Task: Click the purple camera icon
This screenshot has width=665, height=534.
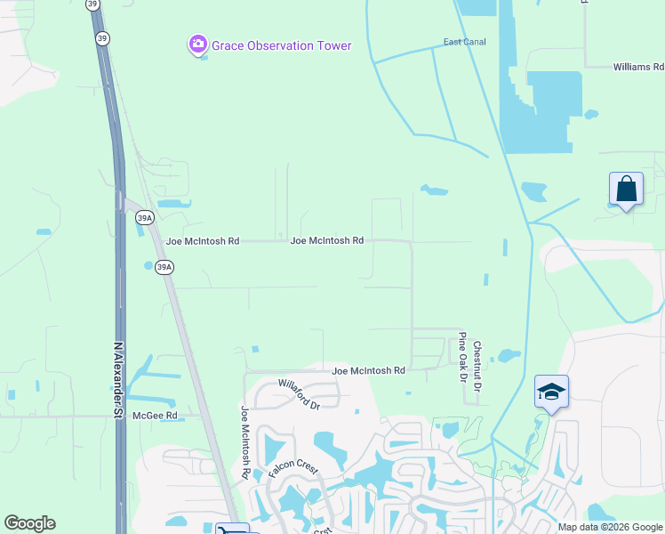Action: [197, 44]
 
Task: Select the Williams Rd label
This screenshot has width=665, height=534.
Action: [638, 67]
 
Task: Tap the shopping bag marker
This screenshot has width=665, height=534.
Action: [626, 190]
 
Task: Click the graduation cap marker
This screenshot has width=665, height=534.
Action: [551, 392]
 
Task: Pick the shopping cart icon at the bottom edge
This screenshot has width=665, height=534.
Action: [226, 529]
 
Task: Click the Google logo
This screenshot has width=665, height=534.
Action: [29, 523]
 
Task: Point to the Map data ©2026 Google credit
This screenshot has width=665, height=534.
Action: [610, 527]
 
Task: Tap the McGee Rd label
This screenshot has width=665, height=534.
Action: [155, 416]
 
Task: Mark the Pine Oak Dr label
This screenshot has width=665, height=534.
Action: [462, 357]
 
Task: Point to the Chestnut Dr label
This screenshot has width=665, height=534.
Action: [477, 367]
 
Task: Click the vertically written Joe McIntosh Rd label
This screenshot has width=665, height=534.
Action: [244, 442]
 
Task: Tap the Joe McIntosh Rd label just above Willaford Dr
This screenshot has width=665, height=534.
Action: [368, 370]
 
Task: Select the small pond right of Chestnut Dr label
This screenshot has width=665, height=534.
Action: [509, 356]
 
